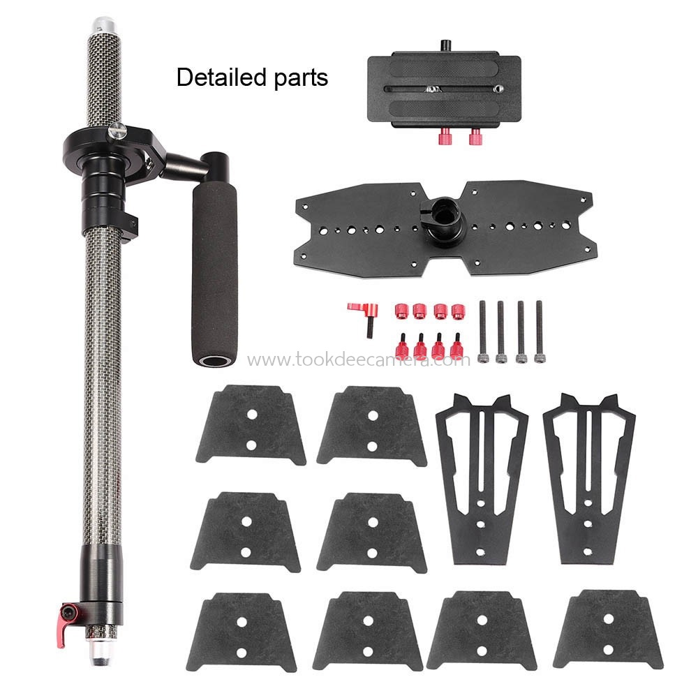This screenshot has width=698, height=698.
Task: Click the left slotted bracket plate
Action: pyautogui.click(x=482, y=475)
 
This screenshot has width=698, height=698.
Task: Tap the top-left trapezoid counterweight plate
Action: pyautogui.click(x=251, y=426)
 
